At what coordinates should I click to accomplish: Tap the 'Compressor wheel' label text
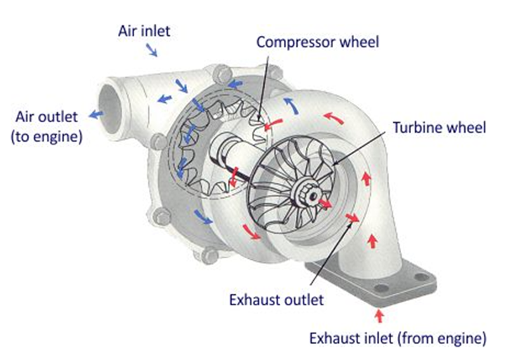(317, 41)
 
